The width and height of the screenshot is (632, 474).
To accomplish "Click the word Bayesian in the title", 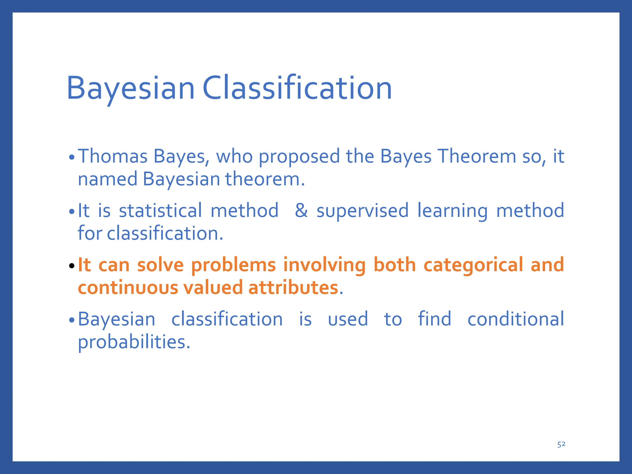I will coord(131,89).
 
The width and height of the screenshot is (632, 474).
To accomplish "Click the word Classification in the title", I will coord(297,89).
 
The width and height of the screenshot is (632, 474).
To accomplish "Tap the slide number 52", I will coord(561,444).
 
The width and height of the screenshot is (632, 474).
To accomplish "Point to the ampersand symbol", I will coord(301,211).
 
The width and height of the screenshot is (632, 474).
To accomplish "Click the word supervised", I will coord(362,211).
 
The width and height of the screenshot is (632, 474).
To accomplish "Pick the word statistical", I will coord(160,211).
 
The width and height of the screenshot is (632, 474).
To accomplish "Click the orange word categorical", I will coord(473,265).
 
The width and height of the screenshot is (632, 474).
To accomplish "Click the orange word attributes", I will coord(293,288).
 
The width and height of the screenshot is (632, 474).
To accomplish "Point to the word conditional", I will coord(516,319).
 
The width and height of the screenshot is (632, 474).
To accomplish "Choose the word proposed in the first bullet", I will coord(299,157).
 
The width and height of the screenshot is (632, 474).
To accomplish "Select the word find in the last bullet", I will coord(434,319).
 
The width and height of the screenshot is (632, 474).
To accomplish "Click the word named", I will coord(107,179).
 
